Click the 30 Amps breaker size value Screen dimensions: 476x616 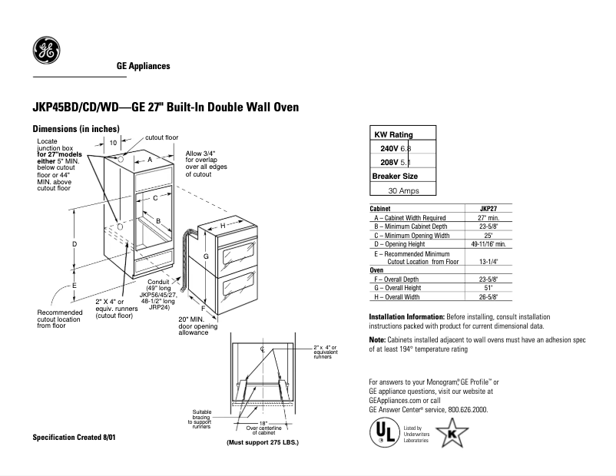tap(403, 190)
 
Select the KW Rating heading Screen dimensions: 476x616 tap(393, 134)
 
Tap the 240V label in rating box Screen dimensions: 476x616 tap(389, 148)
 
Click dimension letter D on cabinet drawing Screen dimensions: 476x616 tap(75, 244)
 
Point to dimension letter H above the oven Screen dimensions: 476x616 tap(223, 226)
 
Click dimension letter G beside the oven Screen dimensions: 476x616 tap(206, 256)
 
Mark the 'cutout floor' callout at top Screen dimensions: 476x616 tap(161, 138)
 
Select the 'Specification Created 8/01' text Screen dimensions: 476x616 tap(73, 437)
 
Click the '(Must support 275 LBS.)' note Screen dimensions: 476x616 tap(262, 443)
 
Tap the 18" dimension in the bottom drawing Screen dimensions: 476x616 tap(262, 423)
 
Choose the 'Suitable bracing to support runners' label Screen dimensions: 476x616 tap(201, 418)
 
